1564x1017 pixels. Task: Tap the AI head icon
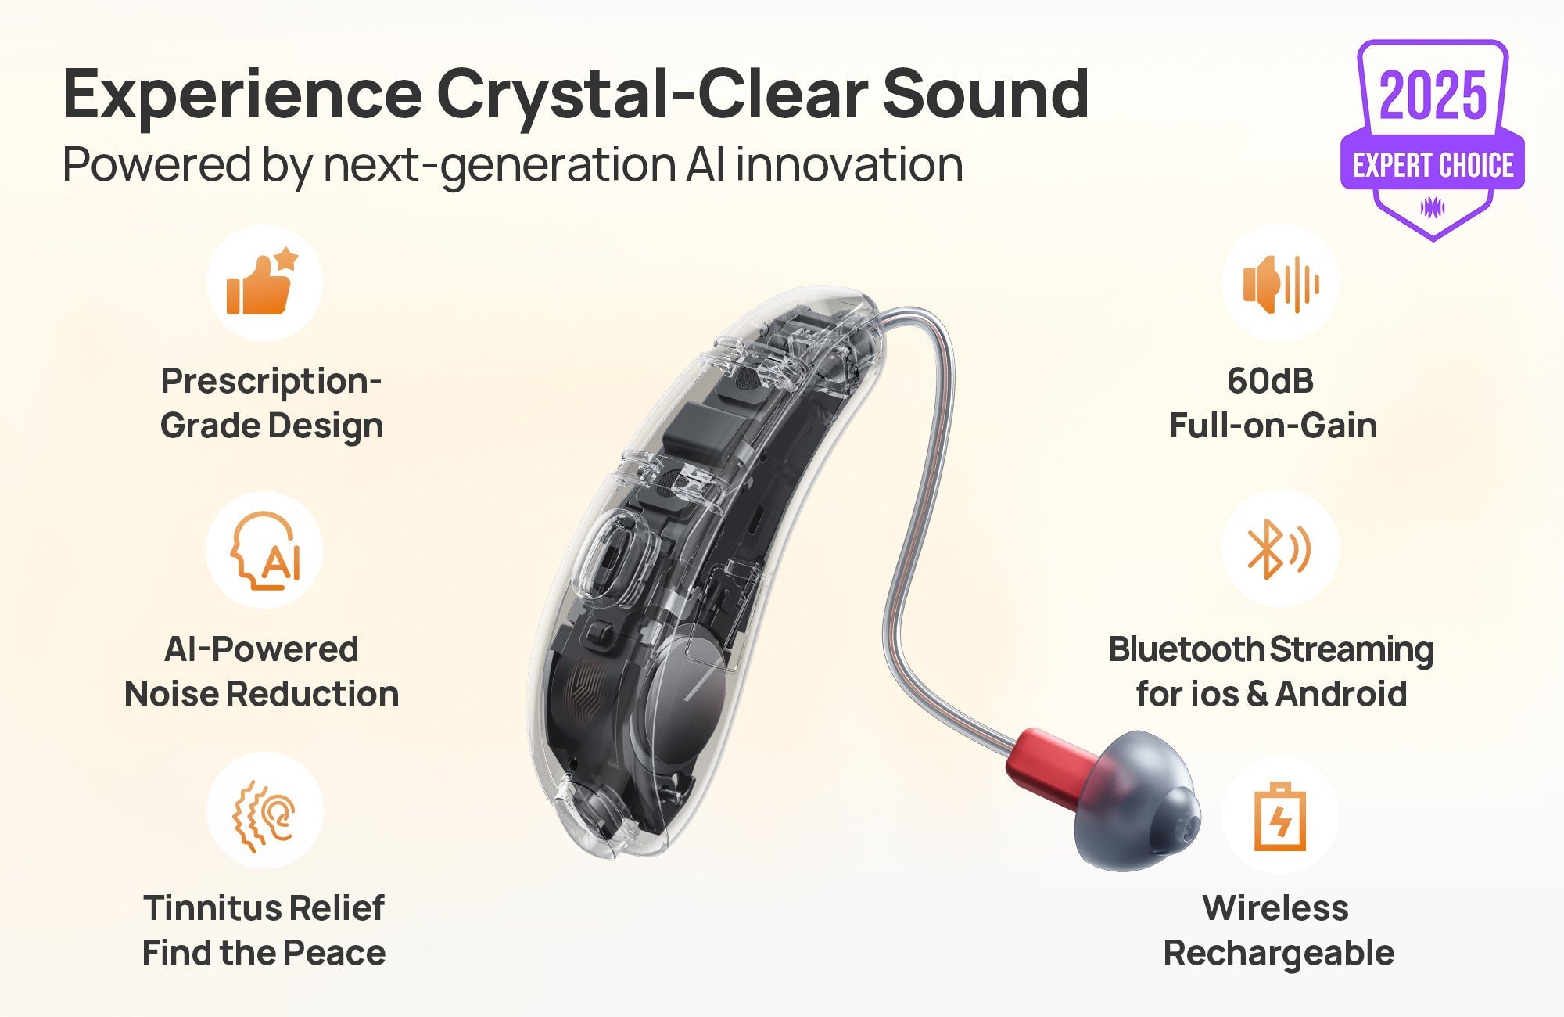[x=265, y=550]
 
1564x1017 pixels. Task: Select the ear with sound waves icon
[x=264, y=814]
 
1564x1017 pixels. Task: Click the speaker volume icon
[x=1280, y=284]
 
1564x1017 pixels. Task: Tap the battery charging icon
[x=1279, y=817]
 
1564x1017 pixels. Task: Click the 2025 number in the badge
[x=1433, y=95]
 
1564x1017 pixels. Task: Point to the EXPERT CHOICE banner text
[x=1433, y=166]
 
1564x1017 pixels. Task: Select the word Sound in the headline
[x=985, y=94]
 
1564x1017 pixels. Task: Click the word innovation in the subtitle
[x=848, y=165]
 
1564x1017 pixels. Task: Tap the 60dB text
[x=1270, y=381]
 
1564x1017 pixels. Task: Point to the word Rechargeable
[x=1279, y=954]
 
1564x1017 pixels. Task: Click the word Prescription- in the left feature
[x=271, y=381]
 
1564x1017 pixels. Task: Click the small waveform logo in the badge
[x=1433, y=207]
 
